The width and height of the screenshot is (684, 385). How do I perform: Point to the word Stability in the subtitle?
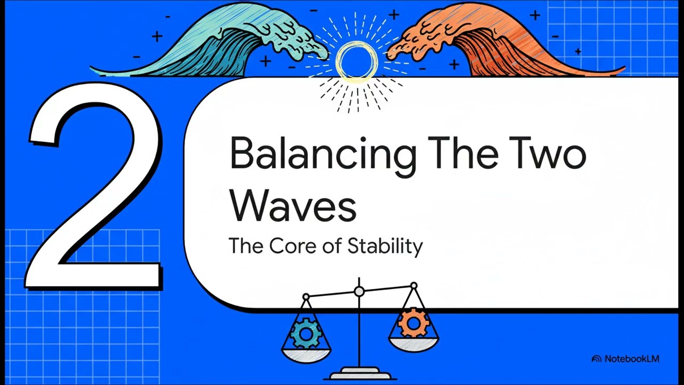click(x=385, y=247)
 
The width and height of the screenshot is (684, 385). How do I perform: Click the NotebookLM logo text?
click(x=632, y=359)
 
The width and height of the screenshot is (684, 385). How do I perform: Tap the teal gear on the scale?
click(x=305, y=334)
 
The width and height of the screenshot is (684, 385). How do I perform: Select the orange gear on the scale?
click(x=413, y=323)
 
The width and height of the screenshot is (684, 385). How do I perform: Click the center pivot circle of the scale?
click(x=359, y=291)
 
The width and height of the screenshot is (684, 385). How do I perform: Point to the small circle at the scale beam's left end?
click(x=306, y=297)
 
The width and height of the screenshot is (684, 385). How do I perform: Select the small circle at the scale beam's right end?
click(x=414, y=286)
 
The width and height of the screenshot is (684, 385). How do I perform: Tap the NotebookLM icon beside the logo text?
click(x=596, y=359)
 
